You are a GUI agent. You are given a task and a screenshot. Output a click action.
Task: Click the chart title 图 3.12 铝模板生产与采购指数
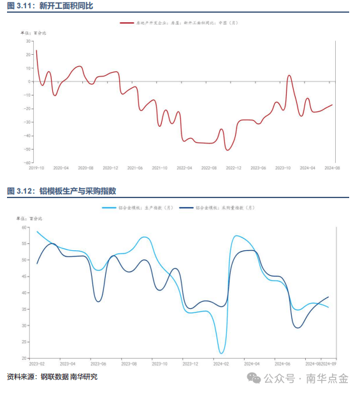[62, 191]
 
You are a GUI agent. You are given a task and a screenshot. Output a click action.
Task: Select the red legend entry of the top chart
[178, 22]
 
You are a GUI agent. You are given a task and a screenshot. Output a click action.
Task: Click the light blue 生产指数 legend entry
[138, 208]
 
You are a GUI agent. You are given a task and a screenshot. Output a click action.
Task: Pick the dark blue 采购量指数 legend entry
[217, 208]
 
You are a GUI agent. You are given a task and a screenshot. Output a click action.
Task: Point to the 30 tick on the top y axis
[29, 41]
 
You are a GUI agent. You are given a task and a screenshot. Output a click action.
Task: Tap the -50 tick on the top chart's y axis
[27, 149]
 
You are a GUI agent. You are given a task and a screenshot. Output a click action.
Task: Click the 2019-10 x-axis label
[36, 168]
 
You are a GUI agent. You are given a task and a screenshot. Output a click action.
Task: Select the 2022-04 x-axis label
[184, 168]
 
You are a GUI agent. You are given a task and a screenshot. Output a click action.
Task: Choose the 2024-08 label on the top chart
[332, 168]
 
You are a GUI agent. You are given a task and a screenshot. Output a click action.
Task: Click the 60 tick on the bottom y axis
[24, 227]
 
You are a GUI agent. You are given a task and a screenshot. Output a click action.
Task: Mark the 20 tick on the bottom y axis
[24, 358]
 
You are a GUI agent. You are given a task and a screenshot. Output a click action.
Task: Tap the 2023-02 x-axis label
[37, 364]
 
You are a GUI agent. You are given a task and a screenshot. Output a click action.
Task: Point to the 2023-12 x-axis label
[191, 364]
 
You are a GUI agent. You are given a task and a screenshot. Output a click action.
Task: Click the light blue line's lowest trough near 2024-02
[221, 353]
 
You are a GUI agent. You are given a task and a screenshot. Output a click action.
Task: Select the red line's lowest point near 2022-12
[227, 150]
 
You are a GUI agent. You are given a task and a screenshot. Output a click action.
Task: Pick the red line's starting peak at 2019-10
[36, 50]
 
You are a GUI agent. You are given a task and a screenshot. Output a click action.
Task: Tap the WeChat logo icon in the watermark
[255, 378]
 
